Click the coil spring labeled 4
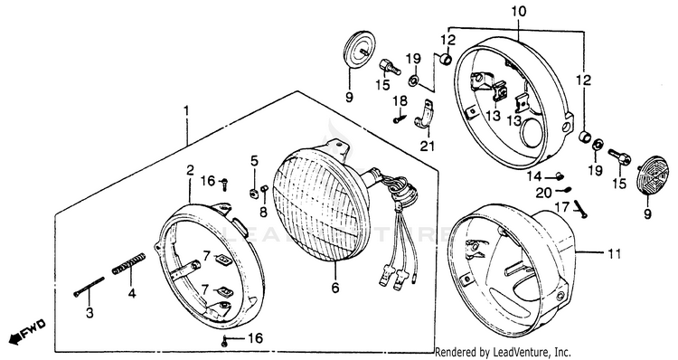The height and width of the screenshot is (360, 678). pos(129,263)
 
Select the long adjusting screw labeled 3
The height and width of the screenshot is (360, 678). pos(89,287)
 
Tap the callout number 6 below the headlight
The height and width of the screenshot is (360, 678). pos(335,288)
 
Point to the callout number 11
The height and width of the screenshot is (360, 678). pos(614,253)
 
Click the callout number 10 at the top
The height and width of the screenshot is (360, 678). pos(519,11)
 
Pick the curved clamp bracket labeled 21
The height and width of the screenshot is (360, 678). pos(425,117)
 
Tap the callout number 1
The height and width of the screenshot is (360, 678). pos(186,111)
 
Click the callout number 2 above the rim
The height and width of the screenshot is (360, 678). pos(190,170)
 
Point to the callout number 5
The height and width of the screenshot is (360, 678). pos(254,161)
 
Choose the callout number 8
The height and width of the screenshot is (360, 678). pos(263,212)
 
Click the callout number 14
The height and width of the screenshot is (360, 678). pos(534,176)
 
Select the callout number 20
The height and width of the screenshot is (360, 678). pos(544,193)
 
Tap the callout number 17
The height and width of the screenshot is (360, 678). pos(561,208)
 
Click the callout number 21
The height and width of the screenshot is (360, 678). pos(427,147)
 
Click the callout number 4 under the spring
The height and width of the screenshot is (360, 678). pos(132,293)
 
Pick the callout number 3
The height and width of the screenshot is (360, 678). pos(89,312)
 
